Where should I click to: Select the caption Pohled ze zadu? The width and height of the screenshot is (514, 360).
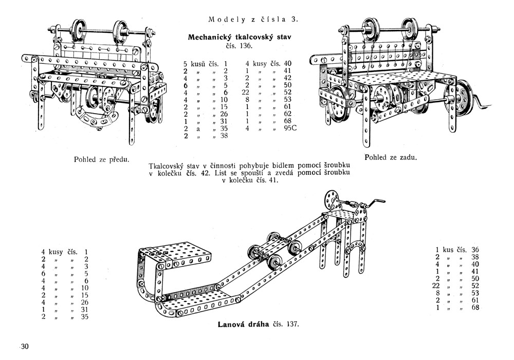tap(390, 157)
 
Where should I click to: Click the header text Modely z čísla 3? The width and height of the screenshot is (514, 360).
tap(253, 20)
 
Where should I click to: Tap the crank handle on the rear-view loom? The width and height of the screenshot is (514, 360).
tap(481, 103)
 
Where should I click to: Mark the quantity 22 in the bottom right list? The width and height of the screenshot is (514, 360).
tap(437, 286)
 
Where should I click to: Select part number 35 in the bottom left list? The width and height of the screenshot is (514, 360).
tap(85, 316)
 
